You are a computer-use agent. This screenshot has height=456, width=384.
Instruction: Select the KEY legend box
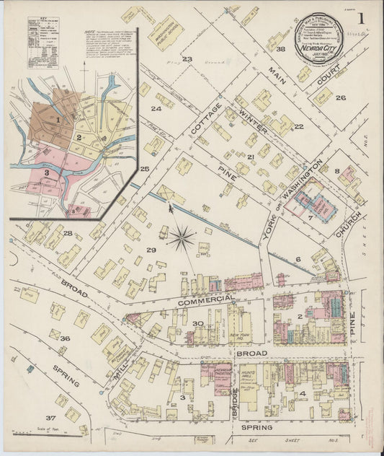[44, 33]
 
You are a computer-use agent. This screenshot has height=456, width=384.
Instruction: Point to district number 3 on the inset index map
[46, 173]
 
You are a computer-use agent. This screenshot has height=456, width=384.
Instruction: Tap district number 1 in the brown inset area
[58, 119]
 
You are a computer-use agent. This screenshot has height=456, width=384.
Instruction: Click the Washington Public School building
[166, 32]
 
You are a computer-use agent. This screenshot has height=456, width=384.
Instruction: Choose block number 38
[280, 48]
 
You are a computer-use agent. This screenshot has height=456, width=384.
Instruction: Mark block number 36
[65, 338]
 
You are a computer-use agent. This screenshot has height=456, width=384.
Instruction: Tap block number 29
[151, 250]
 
